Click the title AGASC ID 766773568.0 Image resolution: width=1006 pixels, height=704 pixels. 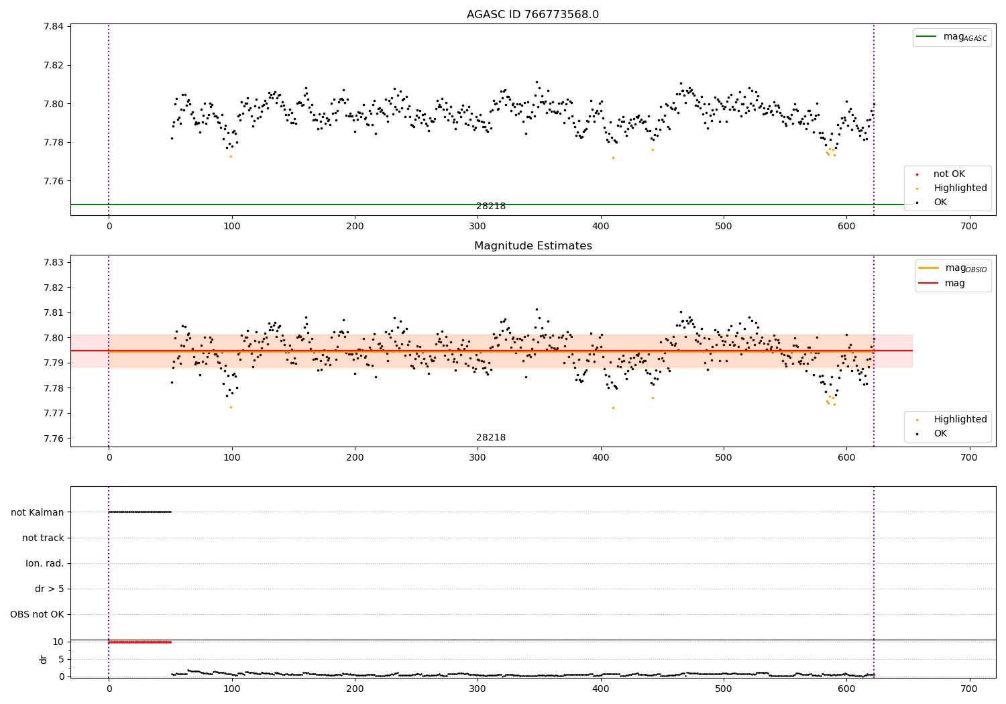[533, 15]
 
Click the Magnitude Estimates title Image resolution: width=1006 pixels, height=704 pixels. [533, 246]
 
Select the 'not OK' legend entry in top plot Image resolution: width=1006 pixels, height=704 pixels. [949, 174]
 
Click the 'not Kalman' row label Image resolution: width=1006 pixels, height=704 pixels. [38, 512]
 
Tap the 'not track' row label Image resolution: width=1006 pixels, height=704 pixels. [43, 538]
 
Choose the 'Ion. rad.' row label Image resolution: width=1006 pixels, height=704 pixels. [45, 563]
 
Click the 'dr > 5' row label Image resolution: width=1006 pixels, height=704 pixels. [50, 589]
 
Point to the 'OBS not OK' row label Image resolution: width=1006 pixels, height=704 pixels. [37, 614]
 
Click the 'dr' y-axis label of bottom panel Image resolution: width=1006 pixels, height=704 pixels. [44, 659]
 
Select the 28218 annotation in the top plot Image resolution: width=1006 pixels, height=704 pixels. [491, 207]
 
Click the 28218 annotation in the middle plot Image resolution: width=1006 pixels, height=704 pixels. [491, 438]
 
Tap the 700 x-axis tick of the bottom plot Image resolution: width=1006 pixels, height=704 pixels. [969, 689]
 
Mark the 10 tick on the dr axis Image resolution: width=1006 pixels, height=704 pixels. [58, 642]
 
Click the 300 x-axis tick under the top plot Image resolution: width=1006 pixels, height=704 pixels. [478, 227]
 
